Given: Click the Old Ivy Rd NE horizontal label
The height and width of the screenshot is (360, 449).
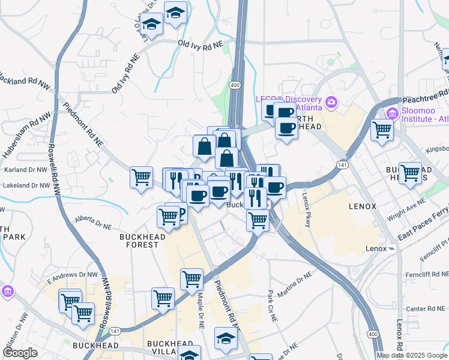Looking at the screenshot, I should [x=200, y=43].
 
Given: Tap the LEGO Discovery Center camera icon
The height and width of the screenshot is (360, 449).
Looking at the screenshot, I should [x=331, y=103].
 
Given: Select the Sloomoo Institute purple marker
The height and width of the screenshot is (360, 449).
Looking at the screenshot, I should [x=393, y=112].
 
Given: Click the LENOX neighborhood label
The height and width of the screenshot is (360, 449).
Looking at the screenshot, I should [x=363, y=206].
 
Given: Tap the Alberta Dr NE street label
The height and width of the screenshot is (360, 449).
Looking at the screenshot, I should [x=93, y=223].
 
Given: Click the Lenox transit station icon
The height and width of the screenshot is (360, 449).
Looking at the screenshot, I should [x=391, y=248].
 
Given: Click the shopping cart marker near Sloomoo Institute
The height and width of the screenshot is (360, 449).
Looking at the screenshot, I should [x=382, y=129].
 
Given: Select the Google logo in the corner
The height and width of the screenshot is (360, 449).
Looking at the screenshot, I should [x=20, y=353].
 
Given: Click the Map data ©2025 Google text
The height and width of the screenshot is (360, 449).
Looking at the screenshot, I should [x=412, y=355].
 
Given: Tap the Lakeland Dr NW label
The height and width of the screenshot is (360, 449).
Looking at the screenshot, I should [x=25, y=185].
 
